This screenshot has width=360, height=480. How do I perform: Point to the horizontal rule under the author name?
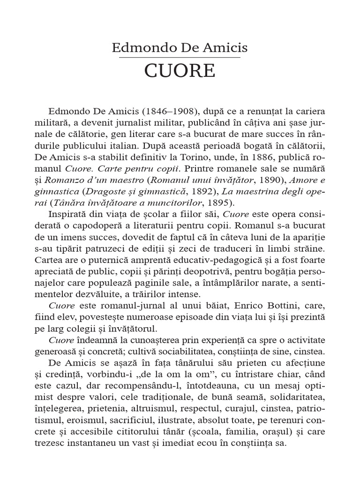tap(180, 57)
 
